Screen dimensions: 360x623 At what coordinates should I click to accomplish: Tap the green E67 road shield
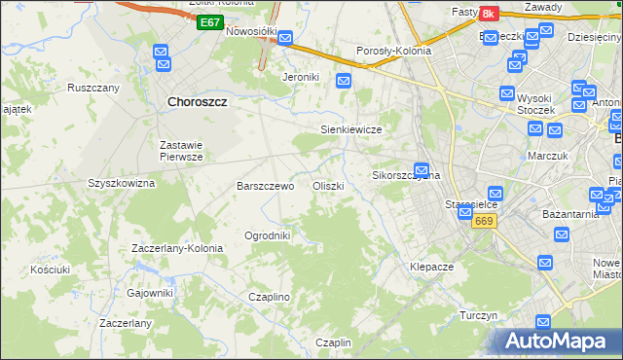coord(208,21)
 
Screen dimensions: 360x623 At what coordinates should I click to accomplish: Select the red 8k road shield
coord(489,13)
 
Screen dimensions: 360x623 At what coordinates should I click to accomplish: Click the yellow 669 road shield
coord(485,222)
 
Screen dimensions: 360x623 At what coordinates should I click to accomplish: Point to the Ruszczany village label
coord(92,88)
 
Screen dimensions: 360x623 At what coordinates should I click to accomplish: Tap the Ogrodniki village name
coord(267,235)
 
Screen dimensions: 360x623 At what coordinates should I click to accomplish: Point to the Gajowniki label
coord(149,293)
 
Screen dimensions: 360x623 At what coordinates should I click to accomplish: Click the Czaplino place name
coord(270,297)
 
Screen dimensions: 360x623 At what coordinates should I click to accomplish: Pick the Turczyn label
coord(479,316)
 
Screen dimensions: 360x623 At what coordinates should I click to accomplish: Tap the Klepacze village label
coord(432,267)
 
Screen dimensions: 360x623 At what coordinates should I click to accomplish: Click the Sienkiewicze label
coord(350,128)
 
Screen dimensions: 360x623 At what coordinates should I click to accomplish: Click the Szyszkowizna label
coord(122,183)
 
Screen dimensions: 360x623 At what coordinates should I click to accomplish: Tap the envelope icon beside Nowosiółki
coord(285,40)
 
